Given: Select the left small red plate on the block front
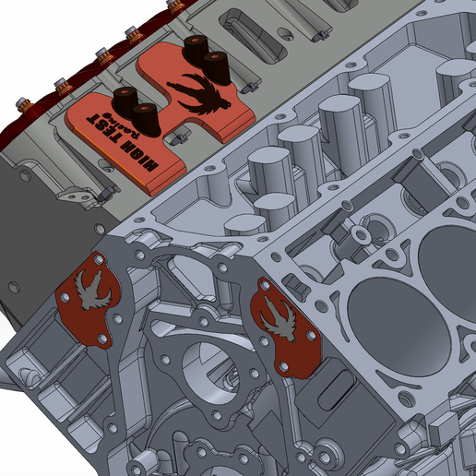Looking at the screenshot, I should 90,304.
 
